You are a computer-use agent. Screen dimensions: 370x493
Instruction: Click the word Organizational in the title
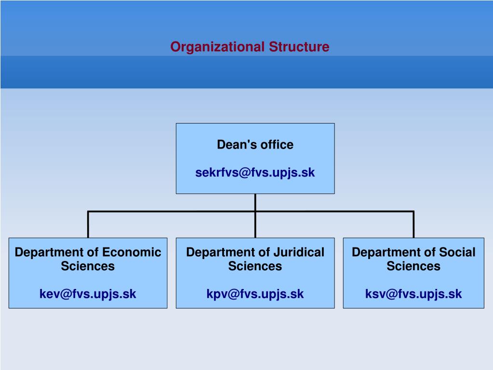pos(217,47)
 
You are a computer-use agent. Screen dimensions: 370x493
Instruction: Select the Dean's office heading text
pos(255,145)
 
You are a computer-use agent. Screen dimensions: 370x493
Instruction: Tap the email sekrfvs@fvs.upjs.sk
pos(255,173)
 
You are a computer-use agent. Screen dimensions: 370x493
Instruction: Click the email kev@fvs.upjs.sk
pos(88,294)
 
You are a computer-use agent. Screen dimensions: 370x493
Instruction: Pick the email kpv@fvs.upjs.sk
pos(255,294)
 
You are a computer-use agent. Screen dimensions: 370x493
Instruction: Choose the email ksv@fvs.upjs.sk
pos(413,294)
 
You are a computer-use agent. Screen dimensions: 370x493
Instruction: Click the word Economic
pos(132,252)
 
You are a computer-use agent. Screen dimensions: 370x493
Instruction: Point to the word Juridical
pos(299,252)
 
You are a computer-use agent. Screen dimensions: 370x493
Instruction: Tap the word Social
pos(457,252)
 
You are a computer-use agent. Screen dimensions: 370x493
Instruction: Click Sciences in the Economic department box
pos(88,266)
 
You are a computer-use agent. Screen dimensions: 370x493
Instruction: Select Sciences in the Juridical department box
pos(255,266)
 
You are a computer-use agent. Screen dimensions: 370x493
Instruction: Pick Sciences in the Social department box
pos(413,266)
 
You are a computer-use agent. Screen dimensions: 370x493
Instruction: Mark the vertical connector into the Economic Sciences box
pos(88,225)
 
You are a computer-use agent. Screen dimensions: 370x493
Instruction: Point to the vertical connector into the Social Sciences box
pos(413,225)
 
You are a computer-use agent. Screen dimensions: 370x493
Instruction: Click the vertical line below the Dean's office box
pos(255,203)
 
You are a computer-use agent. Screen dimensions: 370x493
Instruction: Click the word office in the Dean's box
pos(277,145)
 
